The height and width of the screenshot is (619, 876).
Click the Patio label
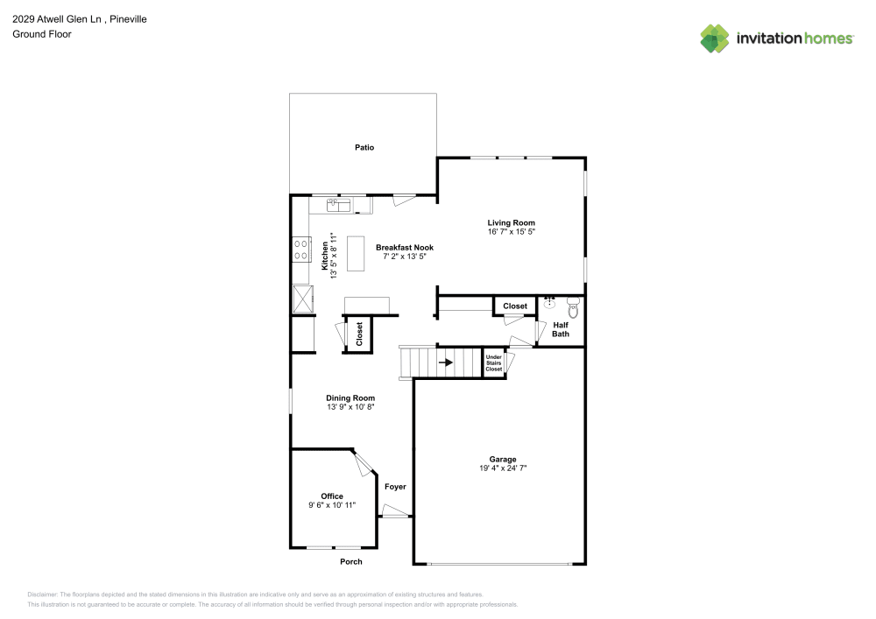364,147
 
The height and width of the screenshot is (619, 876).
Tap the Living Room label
511,222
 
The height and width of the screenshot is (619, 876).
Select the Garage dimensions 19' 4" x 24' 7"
502,469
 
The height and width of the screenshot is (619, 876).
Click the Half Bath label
561,329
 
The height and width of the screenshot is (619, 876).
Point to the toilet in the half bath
574,306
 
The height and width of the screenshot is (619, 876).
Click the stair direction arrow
446,361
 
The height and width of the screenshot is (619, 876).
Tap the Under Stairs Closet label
494,363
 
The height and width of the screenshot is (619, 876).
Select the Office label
331,496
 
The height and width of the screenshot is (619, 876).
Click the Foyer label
395,486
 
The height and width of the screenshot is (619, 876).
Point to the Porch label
350,561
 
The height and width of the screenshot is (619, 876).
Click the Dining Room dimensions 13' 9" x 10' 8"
350,408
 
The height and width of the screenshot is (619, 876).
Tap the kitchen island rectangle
356,254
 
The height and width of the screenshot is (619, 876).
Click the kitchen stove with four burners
301,250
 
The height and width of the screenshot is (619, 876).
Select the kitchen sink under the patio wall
338,205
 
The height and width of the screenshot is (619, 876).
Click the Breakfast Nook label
404,248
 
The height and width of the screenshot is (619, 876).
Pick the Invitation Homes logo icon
715,38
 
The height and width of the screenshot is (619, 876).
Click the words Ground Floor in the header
41,34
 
